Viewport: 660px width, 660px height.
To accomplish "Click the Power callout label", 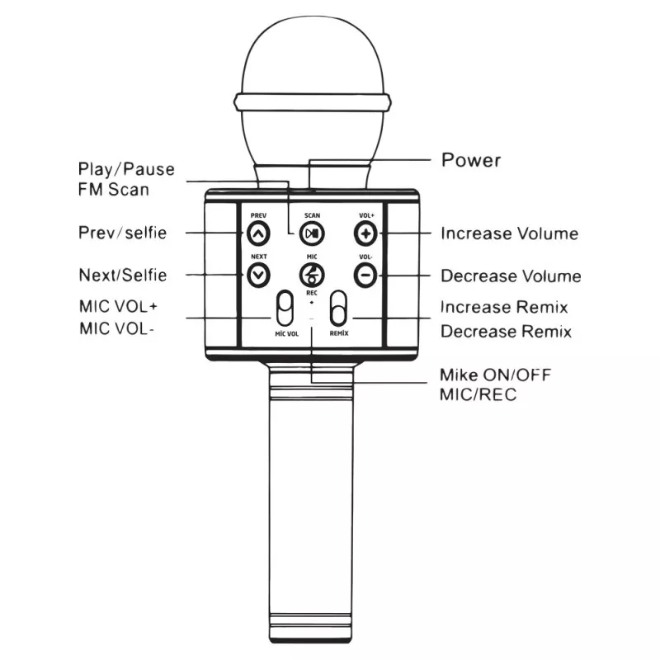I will click(x=471, y=159).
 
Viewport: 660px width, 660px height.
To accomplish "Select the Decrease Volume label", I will click(x=511, y=276).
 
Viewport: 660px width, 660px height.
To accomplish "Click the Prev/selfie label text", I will click(x=122, y=233).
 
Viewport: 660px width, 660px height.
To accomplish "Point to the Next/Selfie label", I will click(x=122, y=275).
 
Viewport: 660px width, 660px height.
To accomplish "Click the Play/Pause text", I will click(x=126, y=169).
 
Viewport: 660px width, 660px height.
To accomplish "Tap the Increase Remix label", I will click(x=504, y=308).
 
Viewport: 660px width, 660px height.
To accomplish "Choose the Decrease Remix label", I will click(x=506, y=332).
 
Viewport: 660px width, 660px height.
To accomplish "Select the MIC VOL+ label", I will click(x=118, y=307).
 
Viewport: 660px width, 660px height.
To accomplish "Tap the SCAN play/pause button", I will click(x=311, y=233).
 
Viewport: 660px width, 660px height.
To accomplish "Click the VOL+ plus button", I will click(x=366, y=233).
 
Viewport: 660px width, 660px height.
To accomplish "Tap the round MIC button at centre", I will click(x=312, y=274).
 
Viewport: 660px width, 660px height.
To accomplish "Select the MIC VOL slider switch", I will click(x=285, y=311).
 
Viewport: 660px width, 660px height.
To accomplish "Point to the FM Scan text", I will click(x=114, y=189).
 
